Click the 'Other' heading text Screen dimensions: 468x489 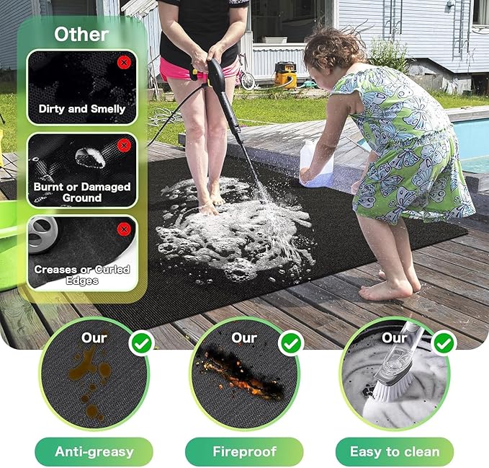(x=81, y=33)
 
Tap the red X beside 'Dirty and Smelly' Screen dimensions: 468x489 (x=123, y=63)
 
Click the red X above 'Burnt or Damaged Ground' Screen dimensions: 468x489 (x=123, y=146)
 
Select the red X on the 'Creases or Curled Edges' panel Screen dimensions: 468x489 (x=123, y=229)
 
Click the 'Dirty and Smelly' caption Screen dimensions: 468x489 (x=82, y=109)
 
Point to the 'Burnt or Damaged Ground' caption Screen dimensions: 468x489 (x=82, y=192)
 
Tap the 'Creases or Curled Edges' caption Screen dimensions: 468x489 (x=82, y=274)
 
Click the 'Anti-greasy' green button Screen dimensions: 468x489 (x=94, y=452)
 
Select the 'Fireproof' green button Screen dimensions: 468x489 (x=244, y=452)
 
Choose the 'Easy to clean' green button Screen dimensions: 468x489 (x=394, y=452)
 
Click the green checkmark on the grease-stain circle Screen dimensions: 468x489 (x=141, y=343)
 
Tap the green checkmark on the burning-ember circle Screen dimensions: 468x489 (x=291, y=343)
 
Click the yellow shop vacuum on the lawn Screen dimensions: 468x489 (x=284, y=74)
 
